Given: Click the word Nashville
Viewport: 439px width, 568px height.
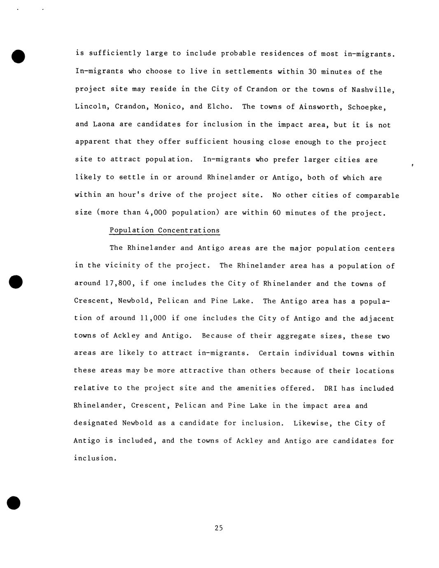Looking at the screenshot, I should coord(373,90).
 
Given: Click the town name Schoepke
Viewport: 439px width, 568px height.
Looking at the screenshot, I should coord(367,107).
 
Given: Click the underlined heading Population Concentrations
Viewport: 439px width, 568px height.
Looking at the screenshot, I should coord(165,230).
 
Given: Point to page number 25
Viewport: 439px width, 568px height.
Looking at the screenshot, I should coord(219,528).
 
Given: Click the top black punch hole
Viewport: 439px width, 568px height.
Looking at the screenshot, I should coord(19,56).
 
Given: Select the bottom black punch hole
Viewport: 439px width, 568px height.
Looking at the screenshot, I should coord(14,503).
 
